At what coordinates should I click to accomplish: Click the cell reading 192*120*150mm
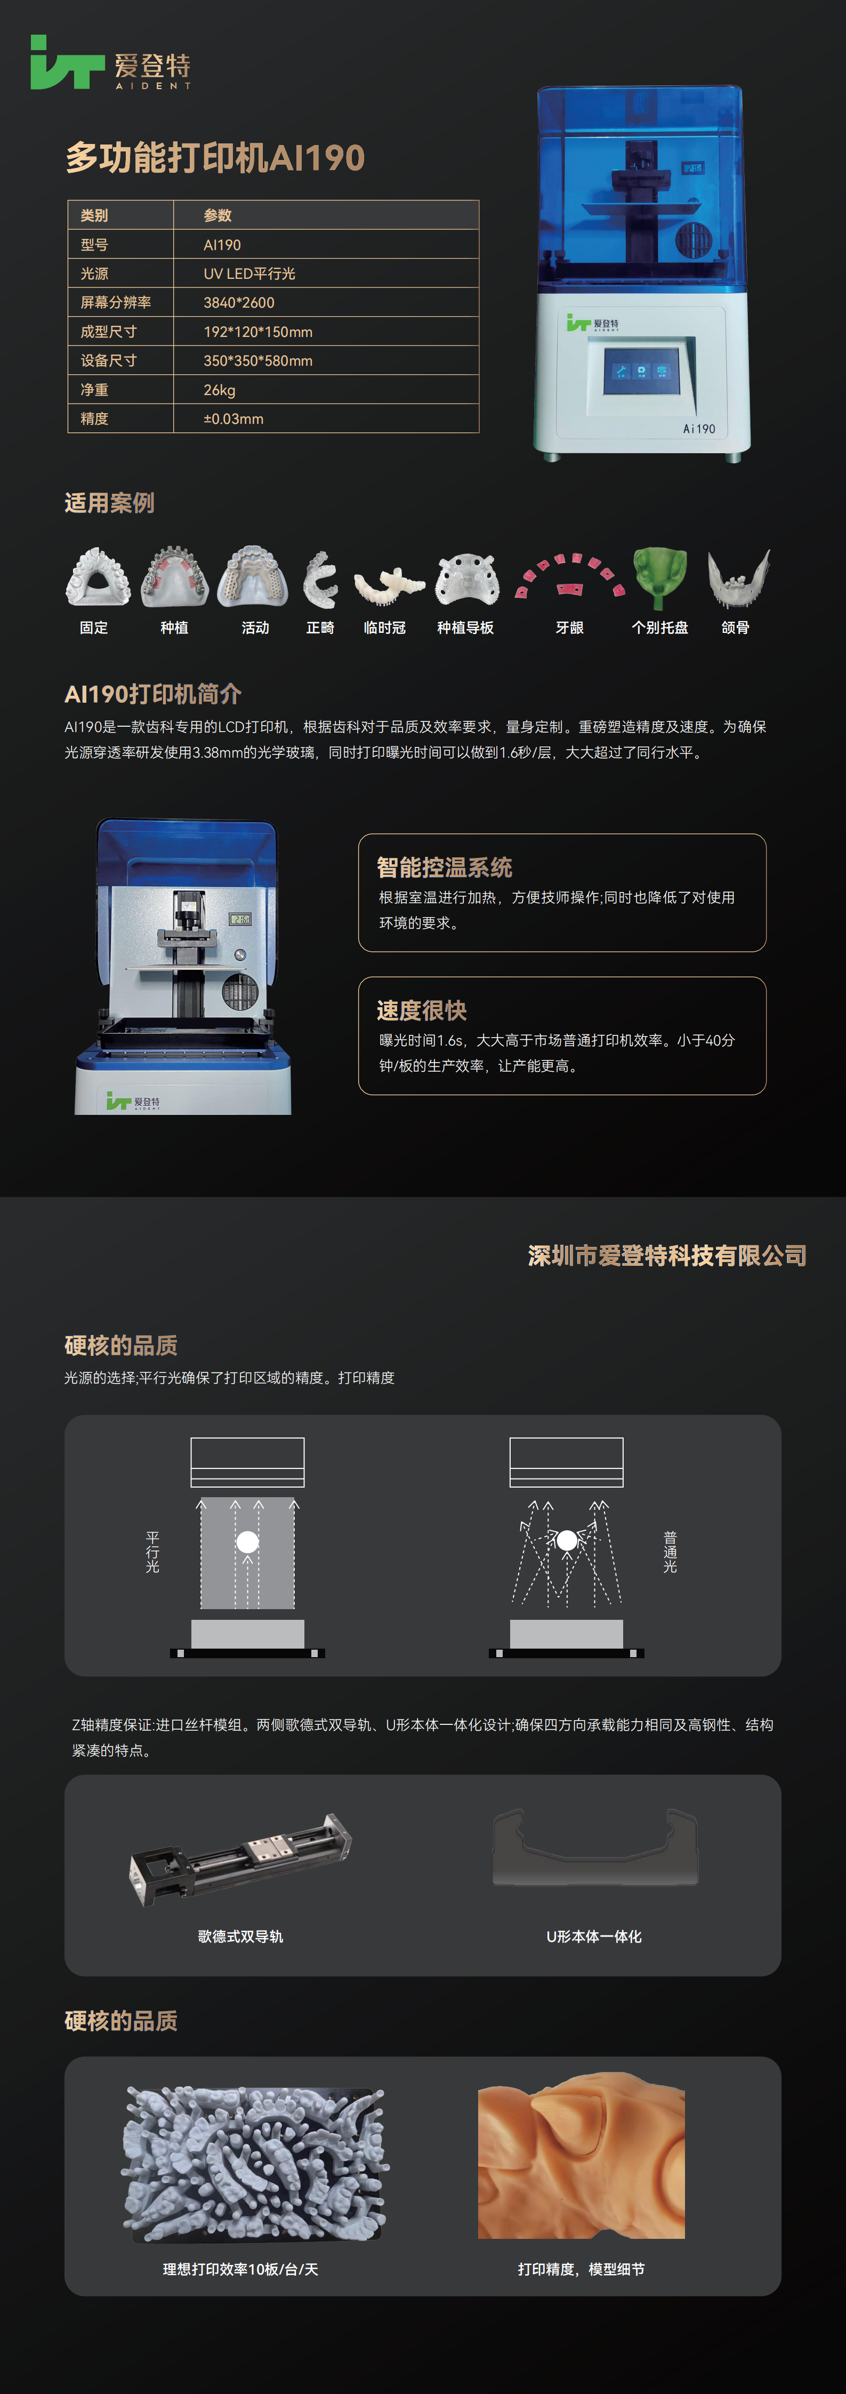(257, 332)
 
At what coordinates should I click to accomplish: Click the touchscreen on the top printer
(641, 371)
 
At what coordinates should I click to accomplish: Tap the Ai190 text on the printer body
(698, 429)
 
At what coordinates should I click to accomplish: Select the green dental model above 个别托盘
(660, 576)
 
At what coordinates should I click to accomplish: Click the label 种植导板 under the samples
(465, 628)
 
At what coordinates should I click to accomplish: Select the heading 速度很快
(421, 1011)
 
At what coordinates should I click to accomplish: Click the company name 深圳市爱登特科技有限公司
(666, 1256)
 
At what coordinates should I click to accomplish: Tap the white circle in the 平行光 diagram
(247, 1543)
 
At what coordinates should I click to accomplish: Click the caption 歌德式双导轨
(240, 1937)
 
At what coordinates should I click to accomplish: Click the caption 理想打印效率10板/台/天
(240, 2269)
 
